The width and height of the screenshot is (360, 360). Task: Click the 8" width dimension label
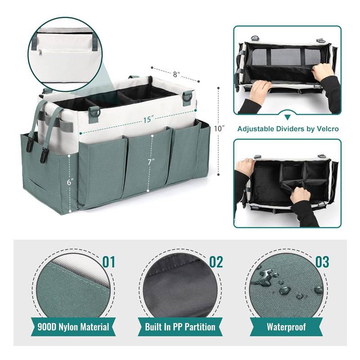click(176, 74)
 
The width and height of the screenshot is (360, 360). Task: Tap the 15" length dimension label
click(148, 120)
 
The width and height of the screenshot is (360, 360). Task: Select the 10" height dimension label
click(219, 128)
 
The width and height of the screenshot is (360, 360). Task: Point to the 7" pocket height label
click(151, 162)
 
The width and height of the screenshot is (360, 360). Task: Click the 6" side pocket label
click(70, 182)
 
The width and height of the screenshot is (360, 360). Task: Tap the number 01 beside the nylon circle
click(108, 262)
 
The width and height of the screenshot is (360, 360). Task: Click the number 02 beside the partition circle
click(216, 262)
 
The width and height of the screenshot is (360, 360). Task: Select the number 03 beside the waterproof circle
click(322, 262)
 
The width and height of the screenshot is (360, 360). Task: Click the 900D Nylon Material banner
click(73, 327)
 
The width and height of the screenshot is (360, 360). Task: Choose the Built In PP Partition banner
click(180, 327)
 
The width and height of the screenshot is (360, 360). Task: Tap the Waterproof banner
click(286, 327)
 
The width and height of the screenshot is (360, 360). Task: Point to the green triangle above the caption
click(288, 117)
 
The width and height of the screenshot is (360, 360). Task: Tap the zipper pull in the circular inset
click(40, 53)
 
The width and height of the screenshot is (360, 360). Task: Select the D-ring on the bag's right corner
click(188, 97)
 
